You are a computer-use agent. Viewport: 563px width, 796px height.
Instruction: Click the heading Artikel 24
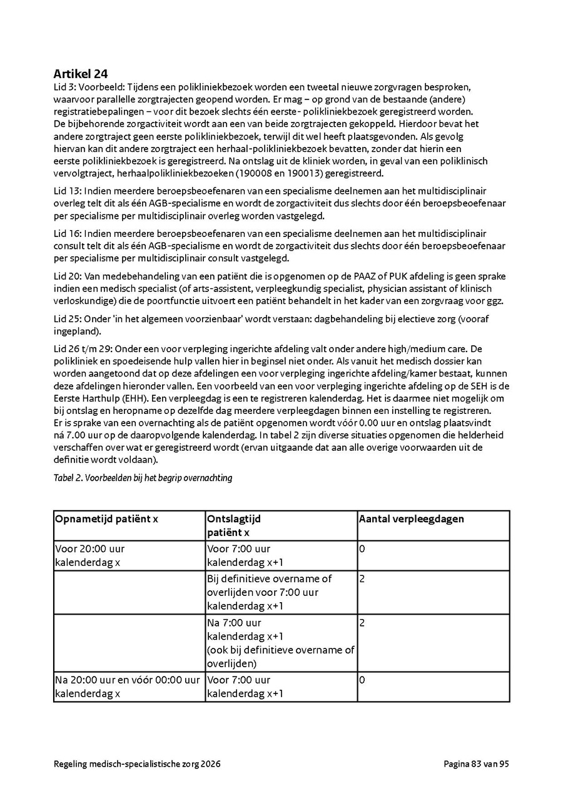tap(81, 74)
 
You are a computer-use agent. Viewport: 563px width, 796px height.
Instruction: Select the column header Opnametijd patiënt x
tap(106, 519)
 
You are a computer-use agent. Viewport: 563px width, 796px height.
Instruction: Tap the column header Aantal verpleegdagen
tap(411, 519)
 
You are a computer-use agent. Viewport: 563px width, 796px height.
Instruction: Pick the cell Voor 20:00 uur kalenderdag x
tap(90, 555)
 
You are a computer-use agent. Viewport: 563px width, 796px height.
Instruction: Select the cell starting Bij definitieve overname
tap(270, 592)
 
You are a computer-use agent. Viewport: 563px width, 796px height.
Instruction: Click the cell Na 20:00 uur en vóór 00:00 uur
tap(128, 687)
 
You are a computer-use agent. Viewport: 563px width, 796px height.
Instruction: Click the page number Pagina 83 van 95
tap(477, 763)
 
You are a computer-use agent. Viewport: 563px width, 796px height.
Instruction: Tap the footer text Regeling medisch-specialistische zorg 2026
tap(137, 763)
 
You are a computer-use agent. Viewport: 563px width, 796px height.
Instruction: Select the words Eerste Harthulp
tap(85, 398)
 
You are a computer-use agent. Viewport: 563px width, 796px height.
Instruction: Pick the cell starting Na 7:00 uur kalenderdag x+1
tap(280, 642)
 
